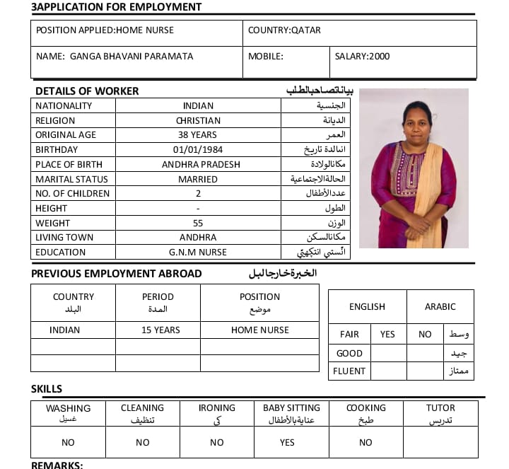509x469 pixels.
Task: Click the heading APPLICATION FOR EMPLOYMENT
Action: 117,7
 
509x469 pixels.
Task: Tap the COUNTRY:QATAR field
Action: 284,30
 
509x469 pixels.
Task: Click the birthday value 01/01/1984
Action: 198,149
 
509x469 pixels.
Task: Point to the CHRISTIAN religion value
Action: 198,120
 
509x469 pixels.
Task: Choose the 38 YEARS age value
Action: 198,135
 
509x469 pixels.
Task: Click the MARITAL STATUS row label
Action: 67,179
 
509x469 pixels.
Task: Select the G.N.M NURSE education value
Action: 198,252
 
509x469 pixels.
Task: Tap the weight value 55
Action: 198,223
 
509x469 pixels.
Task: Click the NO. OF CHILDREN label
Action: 73,193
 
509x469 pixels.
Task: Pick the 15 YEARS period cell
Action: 160,330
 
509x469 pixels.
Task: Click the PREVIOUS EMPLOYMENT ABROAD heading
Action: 117,274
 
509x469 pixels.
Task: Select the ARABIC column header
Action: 440,306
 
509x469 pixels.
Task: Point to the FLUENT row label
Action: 351,371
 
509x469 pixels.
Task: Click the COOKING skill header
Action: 365,408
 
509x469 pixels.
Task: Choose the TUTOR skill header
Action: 440,408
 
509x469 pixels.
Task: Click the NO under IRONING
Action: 217,442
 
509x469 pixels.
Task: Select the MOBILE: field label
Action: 265,56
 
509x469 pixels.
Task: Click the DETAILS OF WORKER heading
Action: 87,91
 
